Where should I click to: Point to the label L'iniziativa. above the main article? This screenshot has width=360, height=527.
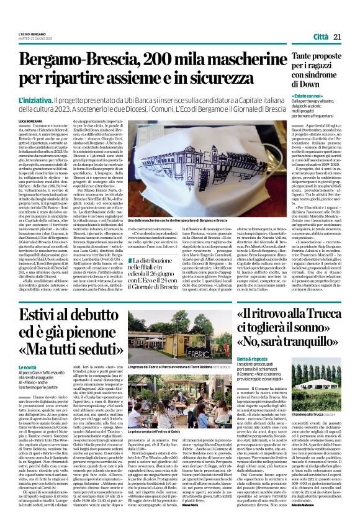coord(35,100)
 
